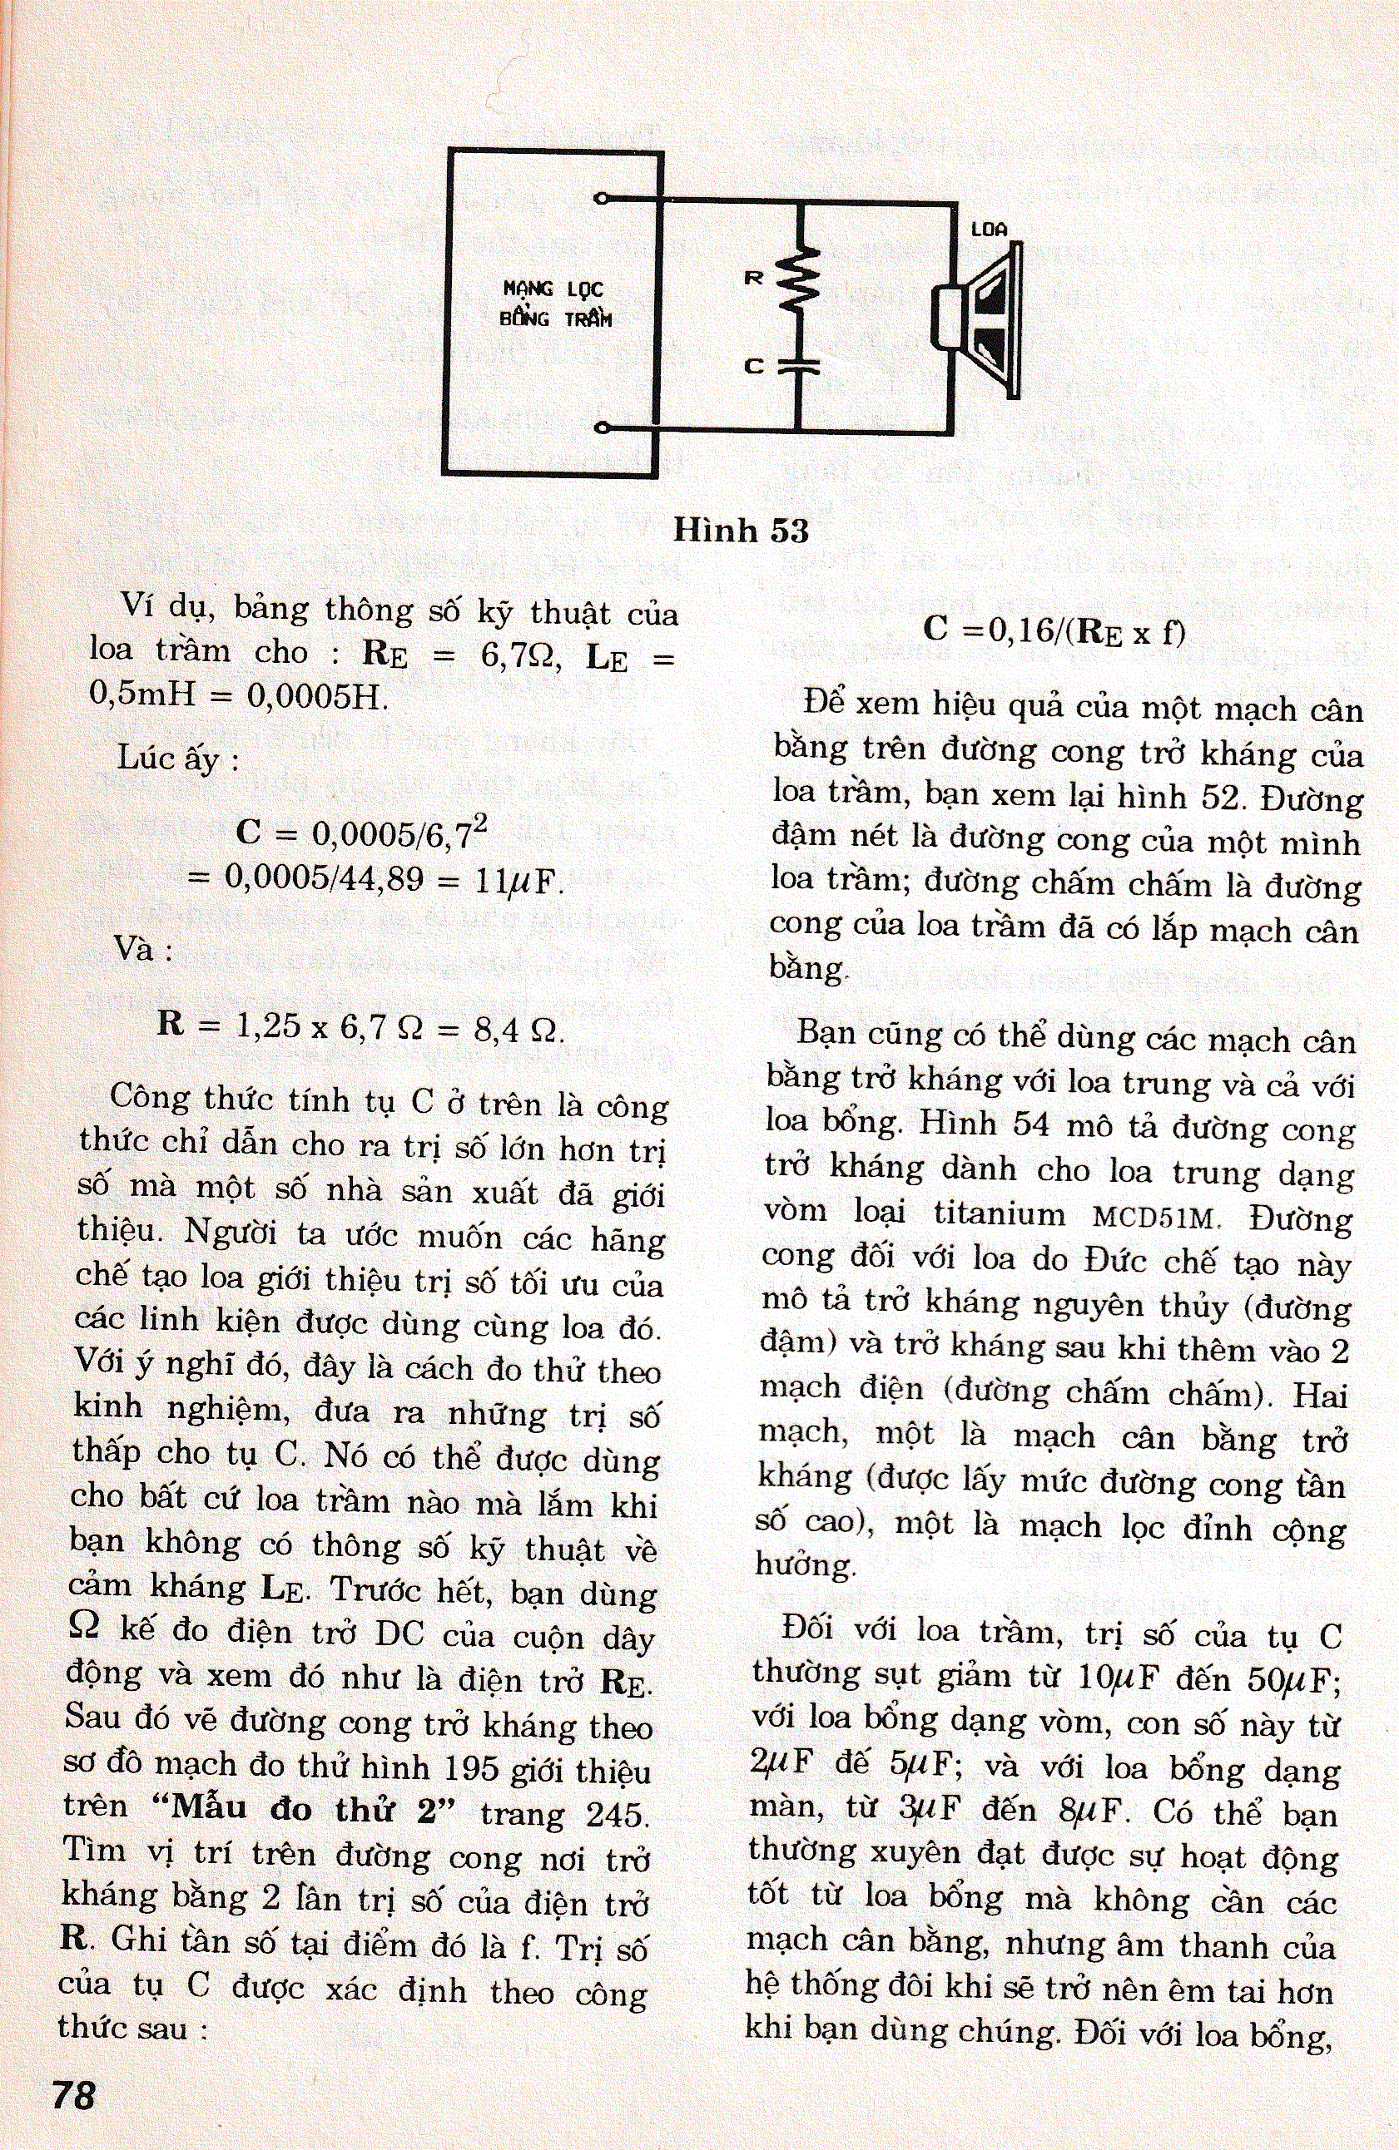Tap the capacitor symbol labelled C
[x=800, y=365]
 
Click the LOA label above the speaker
[x=989, y=230]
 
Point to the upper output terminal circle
[x=603, y=198]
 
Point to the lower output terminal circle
[x=603, y=428]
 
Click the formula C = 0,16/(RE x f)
[x=1054, y=630]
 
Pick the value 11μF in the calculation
[x=513, y=881]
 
